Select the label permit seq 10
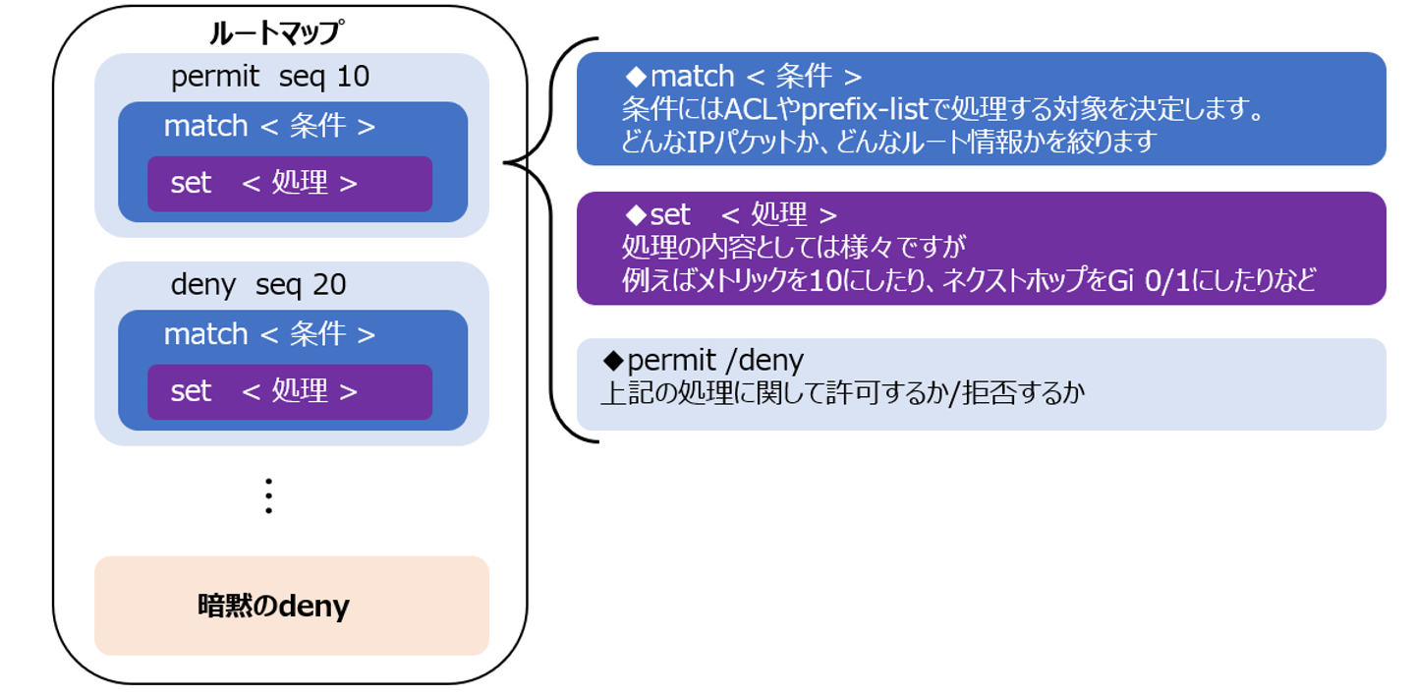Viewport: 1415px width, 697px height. tap(270, 77)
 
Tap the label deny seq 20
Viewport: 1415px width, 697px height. tap(258, 285)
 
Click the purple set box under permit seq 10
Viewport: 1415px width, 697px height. tap(290, 184)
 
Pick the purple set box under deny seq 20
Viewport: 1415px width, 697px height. tap(290, 392)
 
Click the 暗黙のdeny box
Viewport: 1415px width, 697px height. tap(291, 606)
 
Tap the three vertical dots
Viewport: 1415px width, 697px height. tap(267, 495)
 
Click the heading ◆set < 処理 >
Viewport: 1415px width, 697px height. tap(732, 214)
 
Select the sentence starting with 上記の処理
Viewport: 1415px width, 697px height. tap(844, 394)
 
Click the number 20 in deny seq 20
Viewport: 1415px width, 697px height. tap(329, 285)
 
